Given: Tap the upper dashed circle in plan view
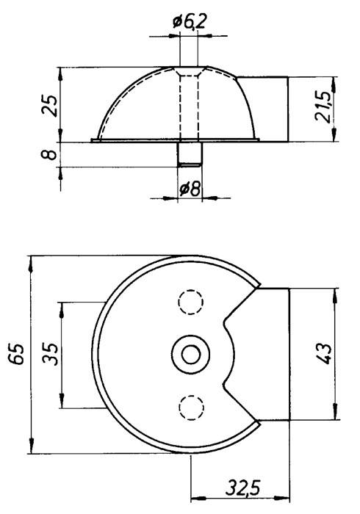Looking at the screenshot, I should click(191, 303).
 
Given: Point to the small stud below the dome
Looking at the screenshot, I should click(190, 153).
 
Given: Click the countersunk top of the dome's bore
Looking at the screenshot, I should click(189, 71).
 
